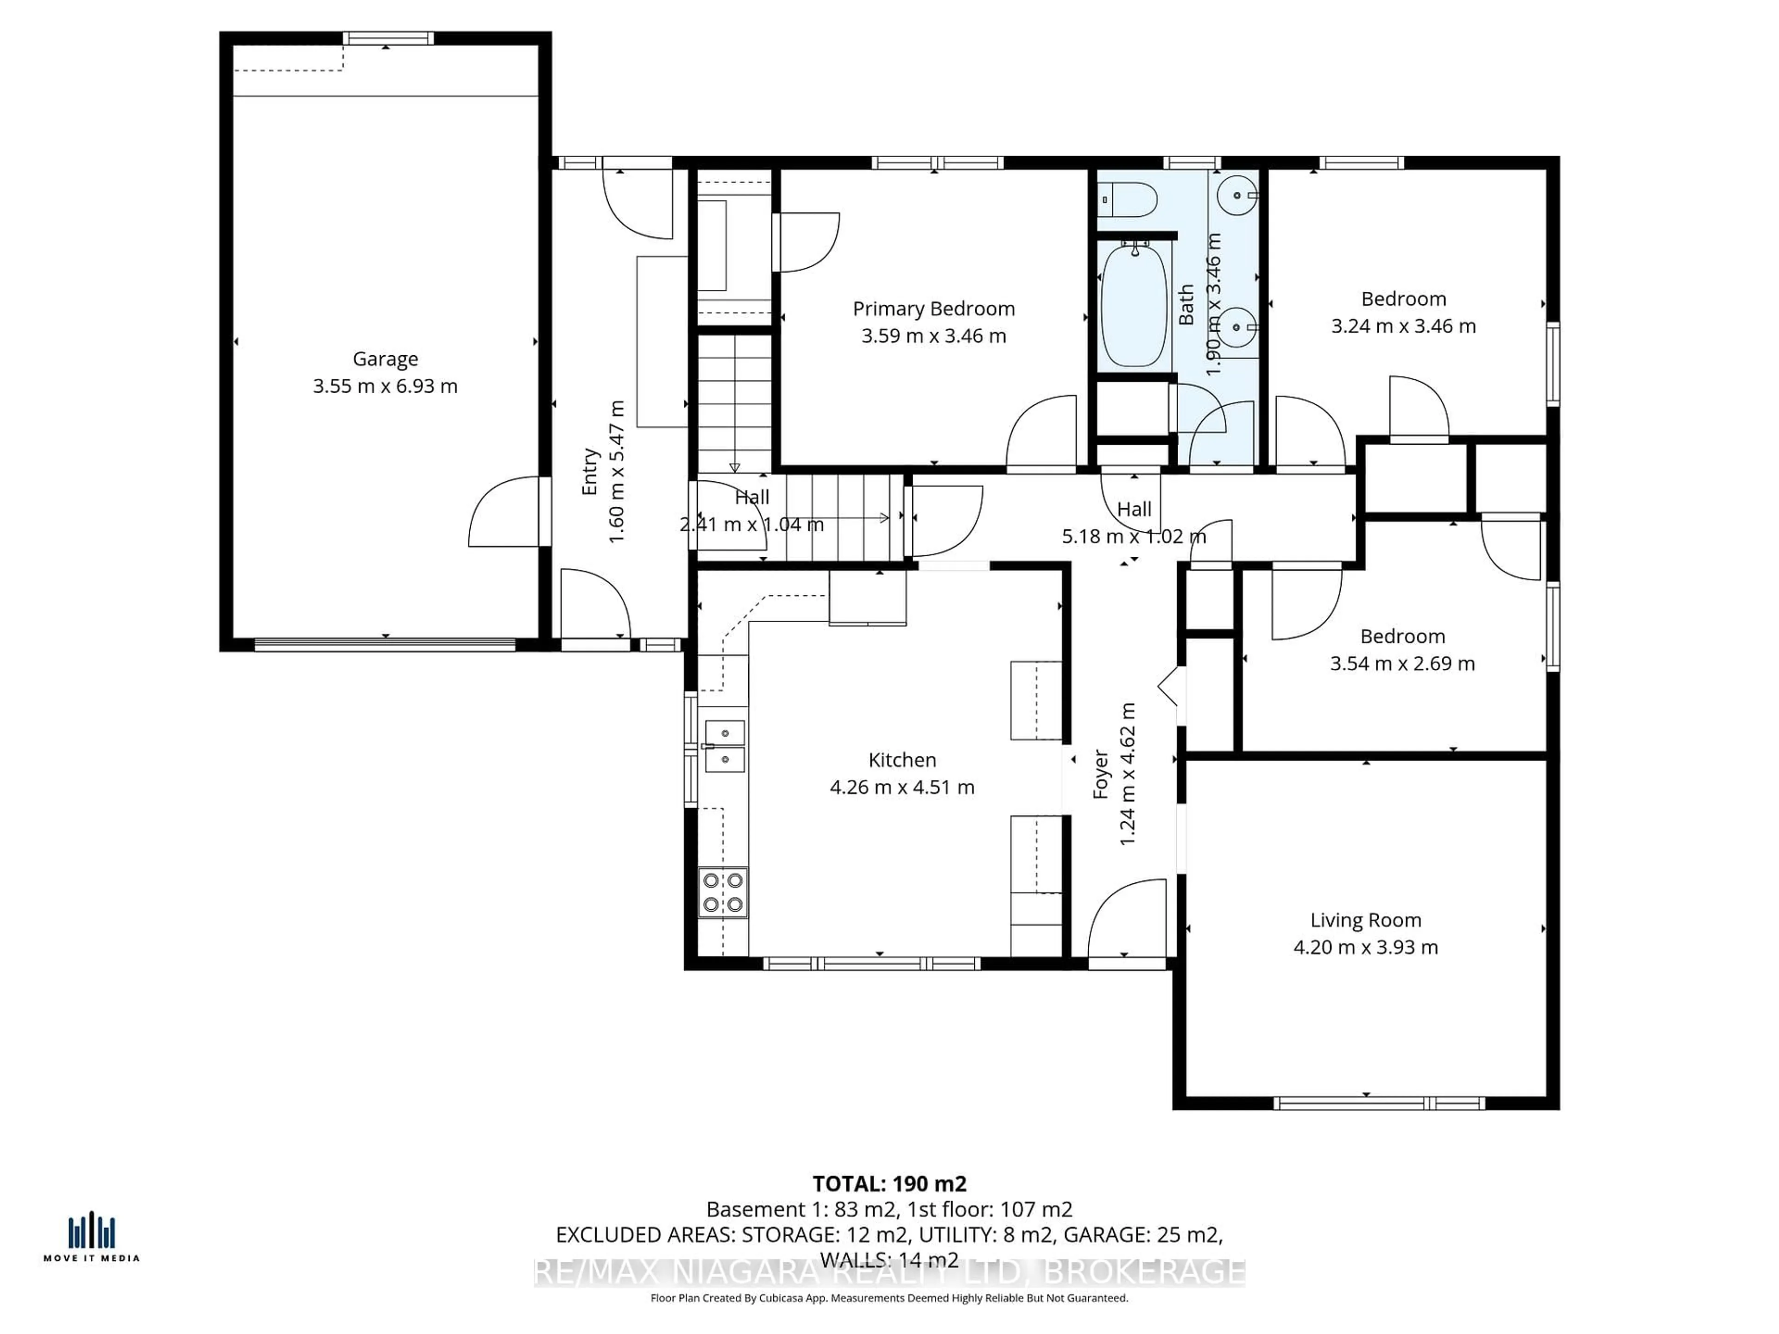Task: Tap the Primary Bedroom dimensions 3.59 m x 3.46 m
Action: coord(934,336)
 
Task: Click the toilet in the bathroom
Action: coord(1128,199)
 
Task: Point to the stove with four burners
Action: coord(722,893)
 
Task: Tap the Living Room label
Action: coord(1366,920)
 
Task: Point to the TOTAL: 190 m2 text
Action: coord(889,1183)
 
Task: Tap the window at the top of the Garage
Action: coord(388,38)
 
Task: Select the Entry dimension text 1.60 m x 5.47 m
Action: coord(617,472)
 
